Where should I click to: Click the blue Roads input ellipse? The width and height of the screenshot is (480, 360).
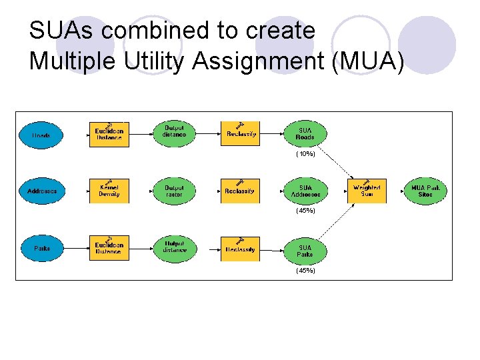(41, 135)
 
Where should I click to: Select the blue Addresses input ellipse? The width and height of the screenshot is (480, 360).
(41, 191)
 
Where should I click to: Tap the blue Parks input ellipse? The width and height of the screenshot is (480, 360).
(41, 249)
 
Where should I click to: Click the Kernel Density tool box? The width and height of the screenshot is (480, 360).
(109, 191)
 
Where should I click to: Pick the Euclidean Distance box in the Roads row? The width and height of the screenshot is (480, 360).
(109, 135)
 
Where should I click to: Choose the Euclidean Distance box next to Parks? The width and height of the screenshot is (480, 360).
(109, 249)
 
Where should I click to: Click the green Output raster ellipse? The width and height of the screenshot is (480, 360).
(174, 191)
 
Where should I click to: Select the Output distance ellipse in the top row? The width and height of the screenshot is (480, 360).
(174, 132)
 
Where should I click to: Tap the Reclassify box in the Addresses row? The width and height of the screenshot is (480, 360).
(240, 191)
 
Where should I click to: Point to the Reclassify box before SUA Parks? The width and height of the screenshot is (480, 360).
(240, 249)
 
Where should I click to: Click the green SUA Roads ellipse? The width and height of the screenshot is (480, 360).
(305, 134)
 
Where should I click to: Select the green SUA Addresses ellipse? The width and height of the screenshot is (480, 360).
(305, 191)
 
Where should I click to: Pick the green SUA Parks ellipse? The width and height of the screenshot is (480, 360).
(305, 251)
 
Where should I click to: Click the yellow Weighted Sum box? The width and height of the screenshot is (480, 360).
(366, 191)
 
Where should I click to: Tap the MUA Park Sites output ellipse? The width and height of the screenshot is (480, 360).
(425, 191)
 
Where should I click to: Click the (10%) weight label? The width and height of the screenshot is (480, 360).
(305, 154)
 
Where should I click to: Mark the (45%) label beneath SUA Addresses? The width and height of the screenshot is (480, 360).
(305, 211)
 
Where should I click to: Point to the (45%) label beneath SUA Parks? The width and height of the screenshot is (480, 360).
(305, 271)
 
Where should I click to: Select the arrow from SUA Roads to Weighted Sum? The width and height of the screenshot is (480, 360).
(337, 161)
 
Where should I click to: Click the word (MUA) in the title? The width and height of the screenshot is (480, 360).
(371, 61)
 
